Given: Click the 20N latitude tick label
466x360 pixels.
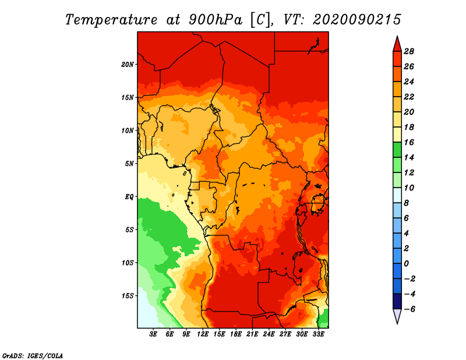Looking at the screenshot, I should (128, 64).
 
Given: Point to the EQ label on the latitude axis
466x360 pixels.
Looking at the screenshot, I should (129, 196).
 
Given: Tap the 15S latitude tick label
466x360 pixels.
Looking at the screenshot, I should (128, 295).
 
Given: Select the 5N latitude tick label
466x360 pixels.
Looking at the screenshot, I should (129, 163).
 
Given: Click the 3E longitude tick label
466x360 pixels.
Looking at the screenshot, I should (154, 334).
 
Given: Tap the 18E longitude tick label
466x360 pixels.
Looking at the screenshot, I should (236, 334).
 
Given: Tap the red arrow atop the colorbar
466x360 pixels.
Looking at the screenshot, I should (397, 43).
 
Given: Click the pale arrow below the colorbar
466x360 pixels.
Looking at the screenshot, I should (397, 316).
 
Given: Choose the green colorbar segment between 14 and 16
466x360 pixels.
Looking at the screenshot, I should (397, 150).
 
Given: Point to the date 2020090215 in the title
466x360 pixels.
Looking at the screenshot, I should (357, 19).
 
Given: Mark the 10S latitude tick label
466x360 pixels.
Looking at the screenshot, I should (128, 262).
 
